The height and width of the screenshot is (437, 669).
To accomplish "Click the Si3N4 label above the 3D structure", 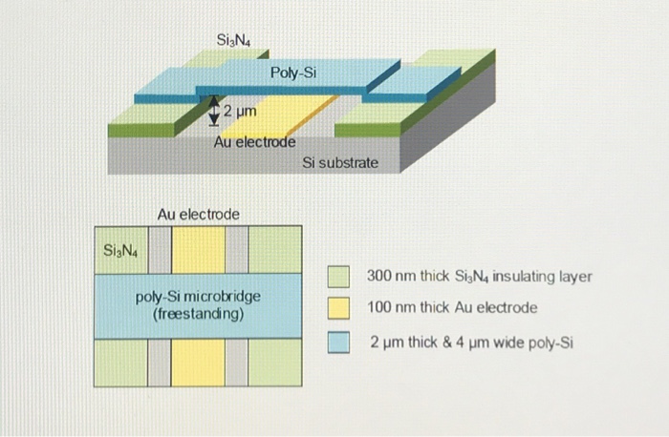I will (234, 40).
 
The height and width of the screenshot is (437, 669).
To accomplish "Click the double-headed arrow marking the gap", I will (215, 112).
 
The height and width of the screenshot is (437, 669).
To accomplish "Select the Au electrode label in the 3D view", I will (254, 142).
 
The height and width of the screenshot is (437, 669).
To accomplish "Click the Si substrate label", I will (340, 163).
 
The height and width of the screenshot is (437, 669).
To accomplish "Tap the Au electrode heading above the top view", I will (198, 215).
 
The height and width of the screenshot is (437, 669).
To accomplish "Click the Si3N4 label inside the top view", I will (120, 252).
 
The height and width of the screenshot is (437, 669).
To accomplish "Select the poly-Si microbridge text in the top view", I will (198, 297).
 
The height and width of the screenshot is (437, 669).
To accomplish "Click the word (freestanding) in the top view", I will (198, 313).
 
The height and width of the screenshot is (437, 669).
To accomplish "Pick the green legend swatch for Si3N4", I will (337, 277).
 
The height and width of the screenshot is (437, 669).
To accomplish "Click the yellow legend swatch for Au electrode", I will (337, 308).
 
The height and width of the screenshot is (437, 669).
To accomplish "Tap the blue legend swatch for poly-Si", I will (337, 341).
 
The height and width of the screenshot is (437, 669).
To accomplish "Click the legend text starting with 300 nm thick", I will (480, 277).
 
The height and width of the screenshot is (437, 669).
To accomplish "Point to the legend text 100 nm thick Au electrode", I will (452, 308).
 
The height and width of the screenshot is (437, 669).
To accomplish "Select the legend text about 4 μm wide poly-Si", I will (471, 341).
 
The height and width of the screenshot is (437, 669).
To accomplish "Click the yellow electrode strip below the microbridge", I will (198, 362).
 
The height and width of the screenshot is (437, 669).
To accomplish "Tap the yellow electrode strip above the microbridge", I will (198, 250).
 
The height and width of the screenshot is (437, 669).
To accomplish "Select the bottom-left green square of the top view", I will (120, 362).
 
